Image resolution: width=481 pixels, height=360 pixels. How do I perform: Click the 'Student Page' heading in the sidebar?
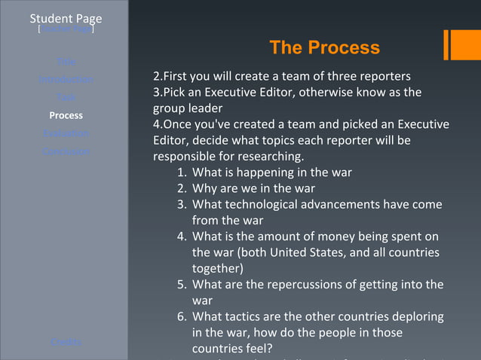click(x=66, y=18)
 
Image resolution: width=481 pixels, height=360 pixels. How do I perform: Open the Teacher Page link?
click(x=66, y=29)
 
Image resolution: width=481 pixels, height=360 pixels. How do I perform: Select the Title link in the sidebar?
click(x=66, y=61)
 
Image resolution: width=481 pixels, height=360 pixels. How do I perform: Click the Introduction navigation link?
click(x=66, y=79)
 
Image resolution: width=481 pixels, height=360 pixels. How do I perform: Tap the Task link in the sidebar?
click(x=66, y=97)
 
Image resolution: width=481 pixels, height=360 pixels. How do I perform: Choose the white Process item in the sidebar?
click(x=66, y=115)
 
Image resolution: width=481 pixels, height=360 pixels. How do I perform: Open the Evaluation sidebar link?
click(x=66, y=133)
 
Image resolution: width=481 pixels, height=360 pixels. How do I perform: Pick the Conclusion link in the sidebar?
click(x=66, y=151)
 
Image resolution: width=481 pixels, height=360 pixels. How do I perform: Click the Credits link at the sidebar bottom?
click(x=66, y=342)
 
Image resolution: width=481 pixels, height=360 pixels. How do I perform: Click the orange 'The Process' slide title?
click(x=324, y=47)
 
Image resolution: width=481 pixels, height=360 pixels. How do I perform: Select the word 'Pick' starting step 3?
click(x=176, y=92)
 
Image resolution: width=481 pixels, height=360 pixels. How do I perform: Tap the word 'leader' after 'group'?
click(x=206, y=108)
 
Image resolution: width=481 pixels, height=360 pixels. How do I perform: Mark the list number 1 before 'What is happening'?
click(x=182, y=172)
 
